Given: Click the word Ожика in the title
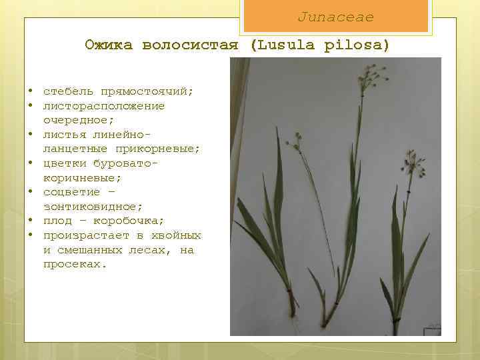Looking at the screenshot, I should pyautogui.click(x=108, y=45).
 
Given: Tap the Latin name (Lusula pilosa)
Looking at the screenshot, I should pyautogui.click(x=319, y=45).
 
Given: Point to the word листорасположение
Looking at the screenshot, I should pyautogui.click(x=104, y=106).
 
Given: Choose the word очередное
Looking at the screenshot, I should pyautogui.click(x=79, y=120).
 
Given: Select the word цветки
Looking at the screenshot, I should pyautogui.click(x=65, y=163).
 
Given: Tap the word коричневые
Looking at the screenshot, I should pyautogui.click(x=83, y=178).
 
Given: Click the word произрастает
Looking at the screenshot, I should pyautogui.click(x=86, y=235).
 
